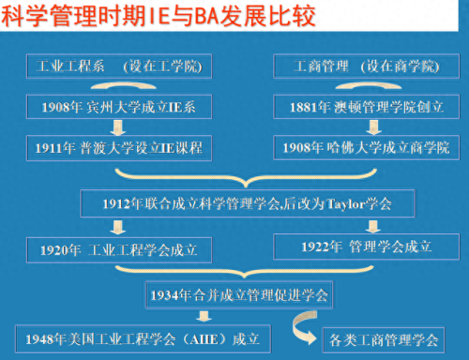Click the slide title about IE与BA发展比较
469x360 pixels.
(x=159, y=17)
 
